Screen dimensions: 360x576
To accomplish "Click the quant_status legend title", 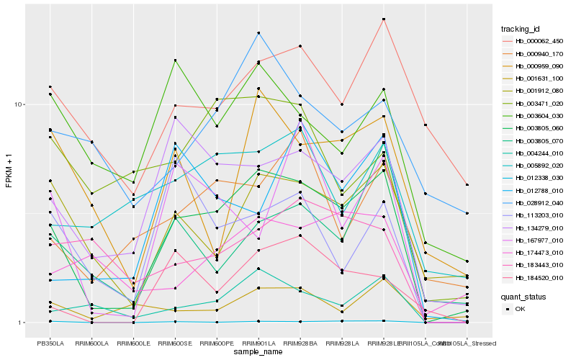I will (525, 296).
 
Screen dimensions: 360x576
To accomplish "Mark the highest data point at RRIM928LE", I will (384, 19).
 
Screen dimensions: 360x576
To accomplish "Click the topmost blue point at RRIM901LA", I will (258, 33).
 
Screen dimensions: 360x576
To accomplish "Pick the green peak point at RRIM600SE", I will (175, 60).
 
